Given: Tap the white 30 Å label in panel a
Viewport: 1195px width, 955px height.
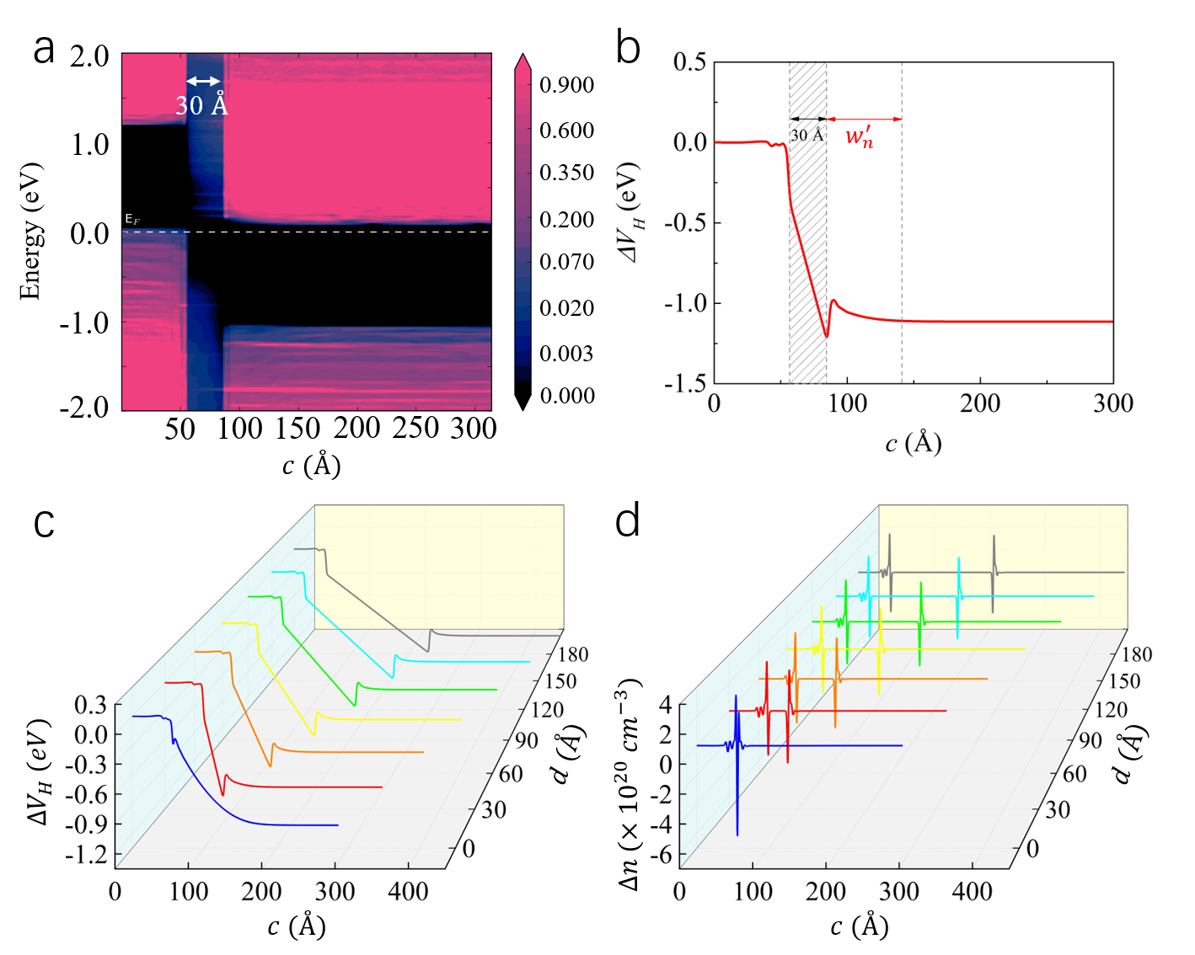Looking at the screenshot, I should pyautogui.click(x=201, y=105).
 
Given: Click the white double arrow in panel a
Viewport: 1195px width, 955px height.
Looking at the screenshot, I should pyautogui.click(x=204, y=81).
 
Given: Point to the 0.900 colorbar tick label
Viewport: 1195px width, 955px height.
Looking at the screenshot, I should pyautogui.click(x=567, y=85).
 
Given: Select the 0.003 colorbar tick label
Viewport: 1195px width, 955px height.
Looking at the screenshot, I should pyautogui.click(x=567, y=353).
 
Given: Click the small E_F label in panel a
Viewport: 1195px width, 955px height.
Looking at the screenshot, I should pyautogui.click(x=132, y=220).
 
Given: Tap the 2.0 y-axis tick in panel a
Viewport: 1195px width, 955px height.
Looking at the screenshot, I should pyautogui.click(x=89, y=56).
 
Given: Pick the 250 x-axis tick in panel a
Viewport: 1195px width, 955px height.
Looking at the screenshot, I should pyautogui.click(x=415, y=429).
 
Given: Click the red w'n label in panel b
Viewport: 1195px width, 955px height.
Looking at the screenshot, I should pyautogui.click(x=860, y=136).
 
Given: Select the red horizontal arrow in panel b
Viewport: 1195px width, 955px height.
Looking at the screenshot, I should pyautogui.click(x=864, y=119).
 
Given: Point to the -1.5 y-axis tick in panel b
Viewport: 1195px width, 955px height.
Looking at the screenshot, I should pyautogui.click(x=685, y=383).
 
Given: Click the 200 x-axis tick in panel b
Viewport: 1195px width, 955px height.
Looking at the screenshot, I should pyautogui.click(x=980, y=403).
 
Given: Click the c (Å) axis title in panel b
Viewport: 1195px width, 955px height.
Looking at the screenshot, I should pyautogui.click(x=913, y=442).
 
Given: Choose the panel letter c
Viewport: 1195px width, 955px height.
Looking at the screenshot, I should pyautogui.click(x=45, y=523).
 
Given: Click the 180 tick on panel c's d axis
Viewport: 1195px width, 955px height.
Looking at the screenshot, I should pyautogui.click(x=572, y=654).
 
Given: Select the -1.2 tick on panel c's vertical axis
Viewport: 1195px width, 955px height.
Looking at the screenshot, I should pyautogui.click(x=90, y=855).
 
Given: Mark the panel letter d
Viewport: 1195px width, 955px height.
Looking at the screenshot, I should pyautogui.click(x=628, y=521).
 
